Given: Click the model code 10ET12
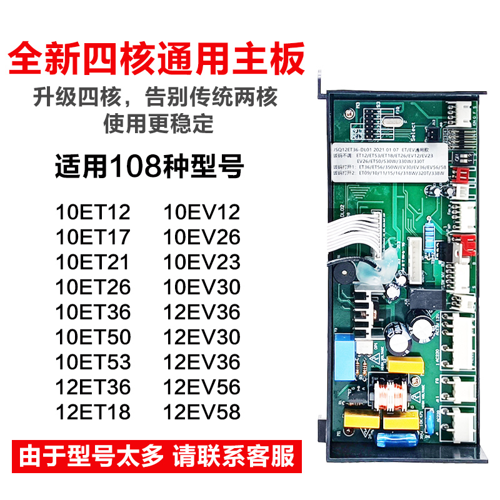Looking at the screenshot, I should pyautogui.click(x=93, y=212).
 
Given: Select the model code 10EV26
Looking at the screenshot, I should pyautogui.click(x=202, y=237).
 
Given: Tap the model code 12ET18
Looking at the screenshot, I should pyautogui.click(x=93, y=412).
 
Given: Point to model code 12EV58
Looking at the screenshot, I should pyautogui.click(x=202, y=412).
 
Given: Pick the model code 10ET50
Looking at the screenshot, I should pyautogui.click(x=93, y=337).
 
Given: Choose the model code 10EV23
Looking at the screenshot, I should pyautogui.click(x=202, y=262).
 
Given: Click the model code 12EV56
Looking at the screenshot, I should pyautogui.click(x=202, y=387).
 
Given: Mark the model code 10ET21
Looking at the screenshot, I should pyautogui.click(x=93, y=262).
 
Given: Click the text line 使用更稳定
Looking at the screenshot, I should pyautogui.click(x=158, y=124).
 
